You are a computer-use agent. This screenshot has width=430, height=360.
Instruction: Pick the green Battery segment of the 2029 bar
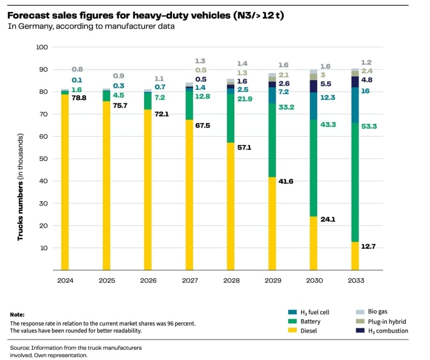coord(272,140)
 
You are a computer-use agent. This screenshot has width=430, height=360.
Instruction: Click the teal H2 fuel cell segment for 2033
coord(355,105)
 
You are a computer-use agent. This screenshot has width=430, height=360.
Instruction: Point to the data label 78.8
coord(80,98)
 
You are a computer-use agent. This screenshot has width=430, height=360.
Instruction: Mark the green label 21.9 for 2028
coord(245,100)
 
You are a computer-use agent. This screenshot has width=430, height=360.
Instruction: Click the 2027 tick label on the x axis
coord(189,280)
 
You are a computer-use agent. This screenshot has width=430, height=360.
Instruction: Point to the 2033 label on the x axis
coord(355,280)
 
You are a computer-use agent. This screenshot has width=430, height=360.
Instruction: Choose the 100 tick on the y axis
coord(42,47)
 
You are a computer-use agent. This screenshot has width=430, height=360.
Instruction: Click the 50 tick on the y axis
coord(44,159)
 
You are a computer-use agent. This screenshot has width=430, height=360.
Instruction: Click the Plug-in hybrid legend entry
coord(386,321)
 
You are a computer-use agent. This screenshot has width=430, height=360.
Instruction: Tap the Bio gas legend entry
coord(379,312)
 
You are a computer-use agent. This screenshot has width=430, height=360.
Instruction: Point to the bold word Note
coord(17,314)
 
